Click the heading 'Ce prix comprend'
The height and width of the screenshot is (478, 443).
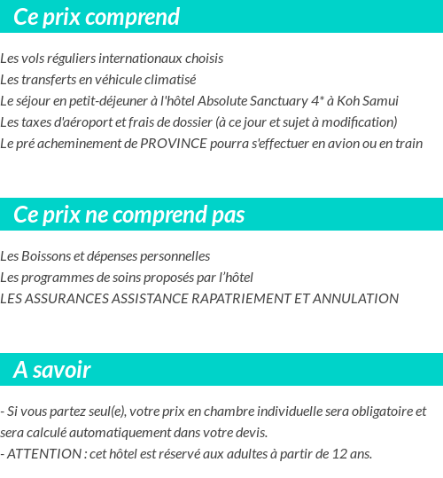click(97, 17)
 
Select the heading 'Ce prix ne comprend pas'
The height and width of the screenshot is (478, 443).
click(129, 215)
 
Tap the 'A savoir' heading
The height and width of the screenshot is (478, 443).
click(52, 370)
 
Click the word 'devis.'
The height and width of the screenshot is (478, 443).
click(249, 433)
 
